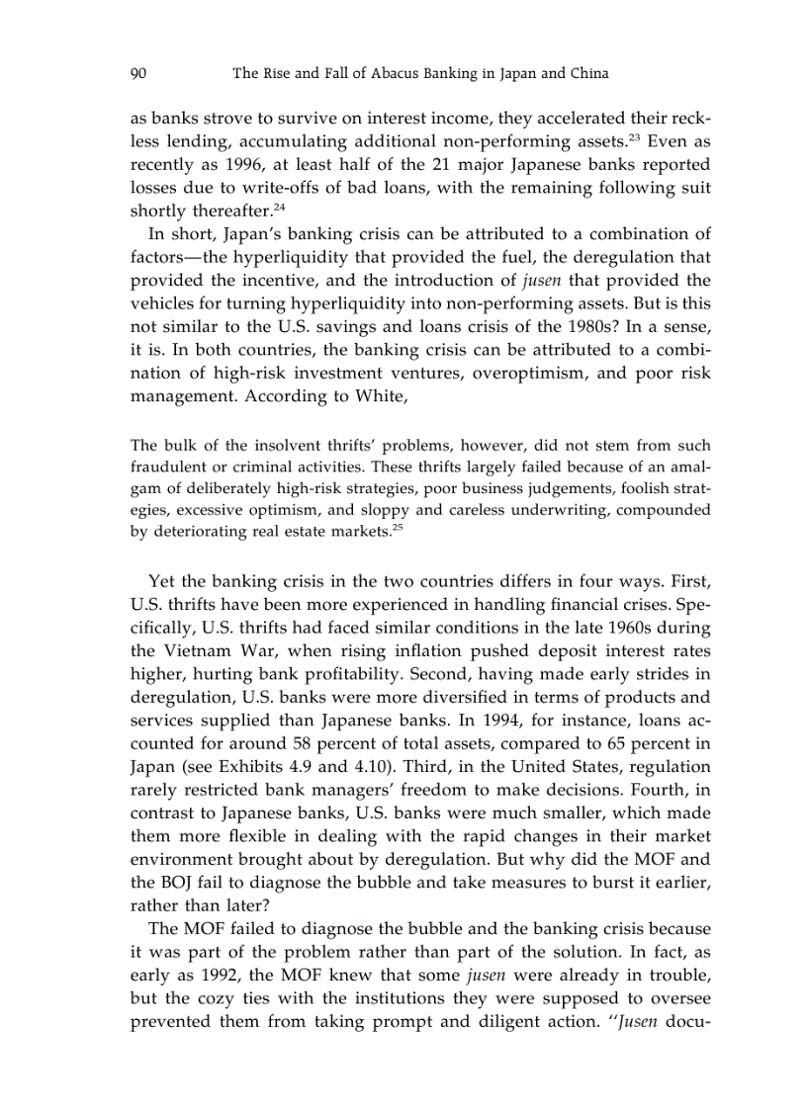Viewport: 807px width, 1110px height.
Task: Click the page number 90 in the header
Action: click(x=139, y=73)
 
